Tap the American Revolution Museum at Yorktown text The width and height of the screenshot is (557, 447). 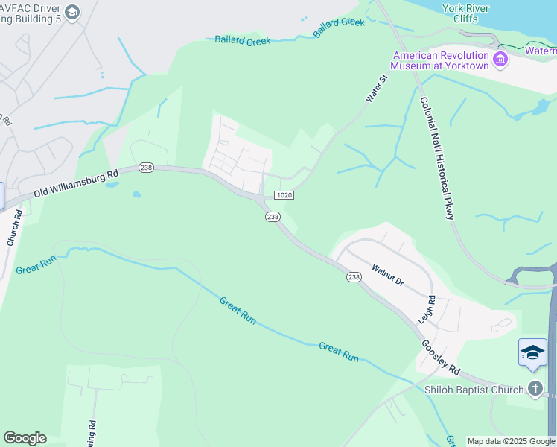pos(441,60)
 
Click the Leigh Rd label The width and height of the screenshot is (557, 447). pos(426,308)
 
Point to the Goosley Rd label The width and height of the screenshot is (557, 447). pos(442,358)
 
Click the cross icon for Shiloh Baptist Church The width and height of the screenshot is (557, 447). pos(535,388)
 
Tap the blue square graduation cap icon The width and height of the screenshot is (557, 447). pos(532,352)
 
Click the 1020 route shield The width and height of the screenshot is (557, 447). pos(284,195)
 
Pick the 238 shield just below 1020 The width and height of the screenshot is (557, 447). pos(273,217)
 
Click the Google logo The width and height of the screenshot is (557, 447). pos(25,438)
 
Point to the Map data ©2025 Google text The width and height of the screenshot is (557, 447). pos(511,441)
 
